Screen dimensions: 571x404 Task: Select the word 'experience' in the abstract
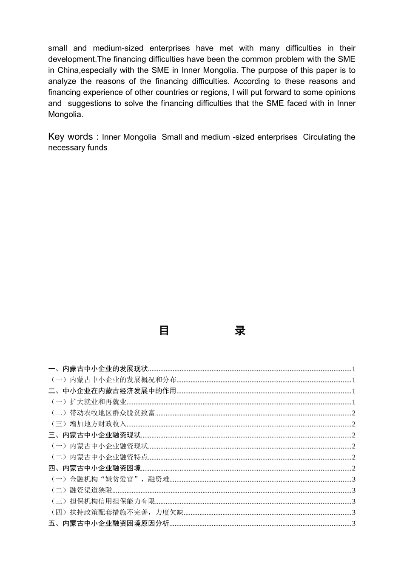tap(100, 92)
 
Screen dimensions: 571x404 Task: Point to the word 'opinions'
tap(340, 92)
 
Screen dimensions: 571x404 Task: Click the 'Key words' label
tap(71, 137)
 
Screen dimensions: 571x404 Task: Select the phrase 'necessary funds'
tap(77, 148)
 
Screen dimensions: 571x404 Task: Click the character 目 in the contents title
tap(164, 331)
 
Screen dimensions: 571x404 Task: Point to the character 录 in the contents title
tap(240, 331)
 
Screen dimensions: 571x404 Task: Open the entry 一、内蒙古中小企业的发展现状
tap(98, 369)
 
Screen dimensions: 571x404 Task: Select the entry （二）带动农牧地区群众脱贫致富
tap(102, 413)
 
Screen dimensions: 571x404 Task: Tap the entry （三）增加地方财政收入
tap(88, 424)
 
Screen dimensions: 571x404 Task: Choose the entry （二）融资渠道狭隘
tap(81, 490)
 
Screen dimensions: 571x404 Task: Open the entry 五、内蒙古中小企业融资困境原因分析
tap(109, 523)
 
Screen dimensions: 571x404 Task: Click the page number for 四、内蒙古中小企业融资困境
tap(354, 468)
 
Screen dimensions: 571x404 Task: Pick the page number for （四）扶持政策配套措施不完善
tap(354, 512)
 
